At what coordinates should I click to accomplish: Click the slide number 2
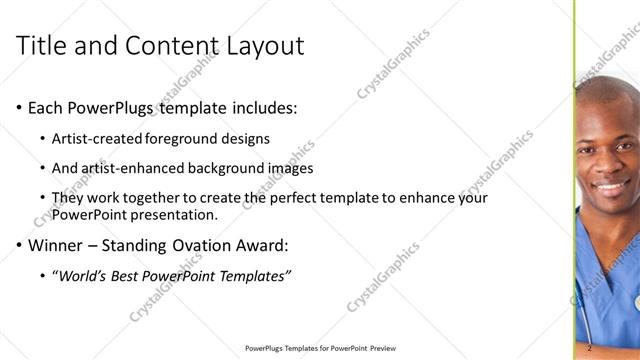coord(590,348)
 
